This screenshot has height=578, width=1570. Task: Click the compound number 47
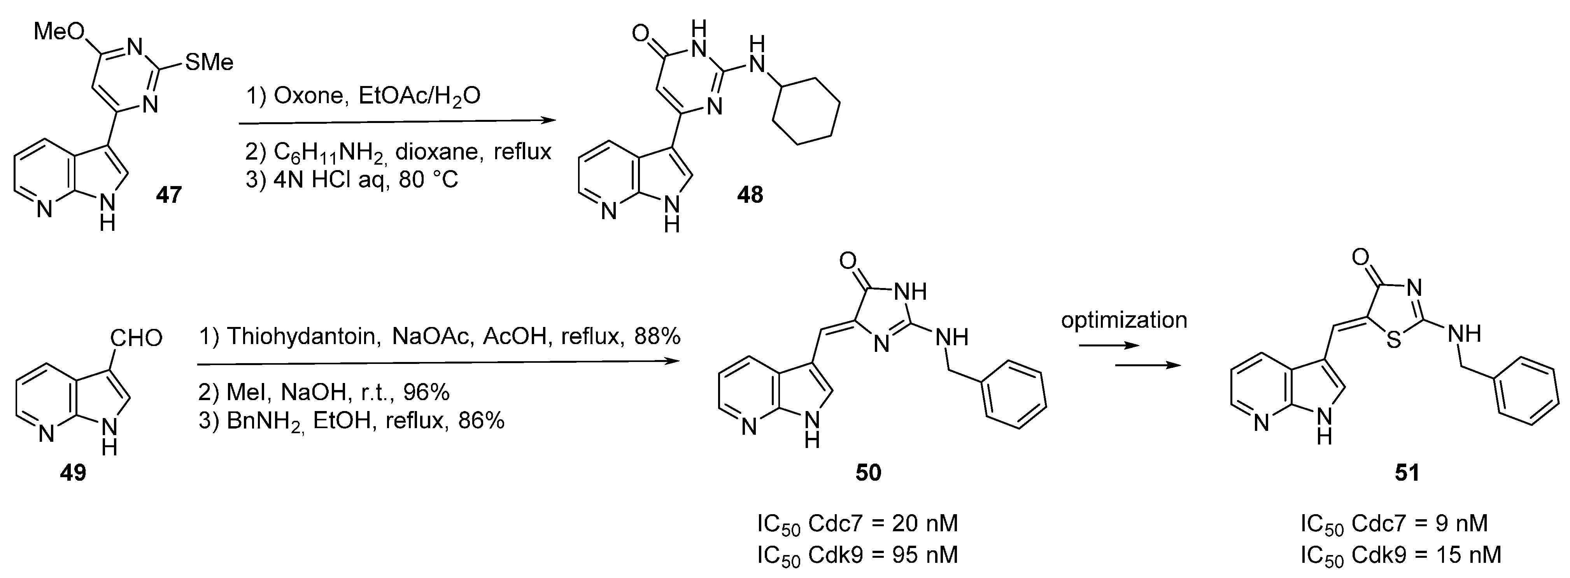pyautogui.click(x=169, y=195)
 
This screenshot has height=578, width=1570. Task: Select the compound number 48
pyautogui.click(x=750, y=195)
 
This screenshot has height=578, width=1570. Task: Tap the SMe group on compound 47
pyautogui.click(x=209, y=62)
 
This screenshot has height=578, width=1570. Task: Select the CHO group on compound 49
pyautogui.click(x=137, y=338)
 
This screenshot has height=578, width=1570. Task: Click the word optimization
pyautogui.click(x=1124, y=320)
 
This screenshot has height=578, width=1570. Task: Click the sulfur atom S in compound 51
pyautogui.click(x=1393, y=340)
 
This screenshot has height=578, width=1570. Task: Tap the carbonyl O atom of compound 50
pyautogui.click(x=847, y=261)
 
